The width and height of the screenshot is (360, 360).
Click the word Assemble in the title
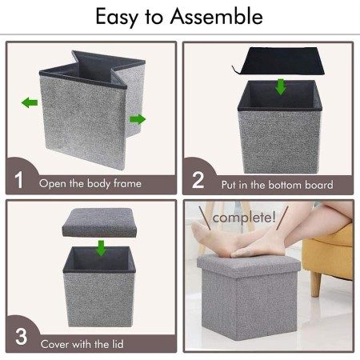click(x=217, y=16)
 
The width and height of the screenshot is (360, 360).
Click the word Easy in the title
click(x=117, y=18)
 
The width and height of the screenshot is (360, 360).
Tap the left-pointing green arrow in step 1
click(x=30, y=102)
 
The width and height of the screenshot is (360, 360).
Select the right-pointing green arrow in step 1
click(x=138, y=119)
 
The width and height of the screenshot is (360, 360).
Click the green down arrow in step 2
click(x=281, y=87)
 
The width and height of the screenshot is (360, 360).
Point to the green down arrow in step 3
click(x=101, y=248)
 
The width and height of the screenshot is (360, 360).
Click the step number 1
click(x=19, y=180)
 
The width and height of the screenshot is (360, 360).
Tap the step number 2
click(x=198, y=180)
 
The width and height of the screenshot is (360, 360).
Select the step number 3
click(x=21, y=337)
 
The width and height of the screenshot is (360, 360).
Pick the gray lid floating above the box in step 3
click(x=99, y=222)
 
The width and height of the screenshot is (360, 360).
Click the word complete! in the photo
click(x=244, y=218)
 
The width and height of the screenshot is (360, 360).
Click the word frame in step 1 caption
click(x=127, y=183)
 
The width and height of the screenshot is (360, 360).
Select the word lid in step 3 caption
click(x=118, y=344)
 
